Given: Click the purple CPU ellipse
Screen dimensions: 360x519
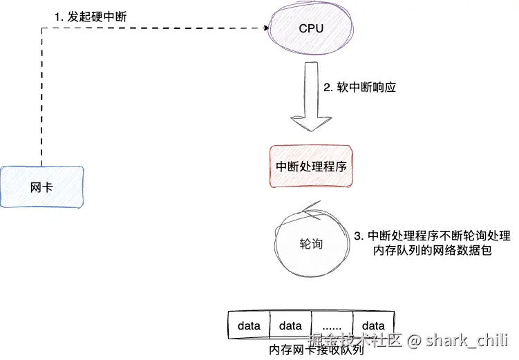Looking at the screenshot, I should click(310, 30).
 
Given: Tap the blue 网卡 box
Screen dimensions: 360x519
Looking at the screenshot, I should click(42, 187).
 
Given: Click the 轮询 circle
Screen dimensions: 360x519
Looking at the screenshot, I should click(310, 244).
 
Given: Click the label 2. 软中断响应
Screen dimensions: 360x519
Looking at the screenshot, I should click(359, 88).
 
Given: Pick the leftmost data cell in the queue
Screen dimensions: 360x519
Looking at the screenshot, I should click(249, 325).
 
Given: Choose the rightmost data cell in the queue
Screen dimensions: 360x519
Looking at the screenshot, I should click(373, 325).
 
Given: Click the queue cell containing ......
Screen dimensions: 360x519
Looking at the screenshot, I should click(332, 325).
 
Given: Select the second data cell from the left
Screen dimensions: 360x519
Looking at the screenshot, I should click(290, 325).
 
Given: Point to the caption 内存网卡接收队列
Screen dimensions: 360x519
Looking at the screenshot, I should click(316, 350).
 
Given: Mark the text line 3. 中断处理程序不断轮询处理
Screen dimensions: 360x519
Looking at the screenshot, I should click(432, 236).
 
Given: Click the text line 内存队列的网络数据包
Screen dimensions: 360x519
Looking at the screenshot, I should click(431, 252).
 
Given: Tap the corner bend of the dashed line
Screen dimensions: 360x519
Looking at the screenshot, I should click(42, 29).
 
